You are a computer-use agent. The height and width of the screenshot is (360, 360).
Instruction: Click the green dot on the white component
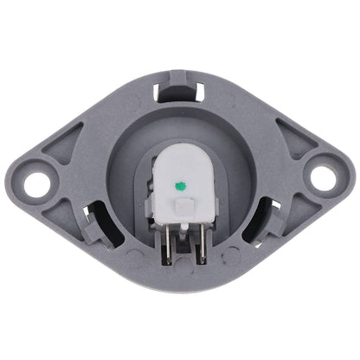pyautogui.click(x=181, y=183)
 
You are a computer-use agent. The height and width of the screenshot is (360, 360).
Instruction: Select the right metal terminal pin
pyautogui.click(x=200, y=247)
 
